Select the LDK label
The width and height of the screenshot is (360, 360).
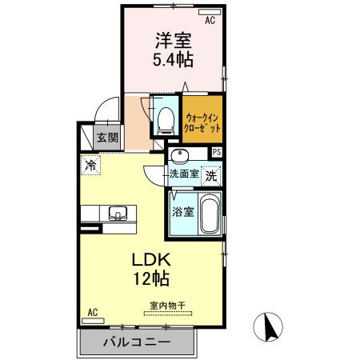147,261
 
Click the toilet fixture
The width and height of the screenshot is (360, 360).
165,119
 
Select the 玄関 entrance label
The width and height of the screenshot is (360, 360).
108,137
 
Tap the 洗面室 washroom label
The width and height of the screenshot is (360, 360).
182,174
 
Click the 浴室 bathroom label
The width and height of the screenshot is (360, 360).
182,212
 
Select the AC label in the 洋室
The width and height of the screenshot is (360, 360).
211,22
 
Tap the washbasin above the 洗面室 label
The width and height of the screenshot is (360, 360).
179,154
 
